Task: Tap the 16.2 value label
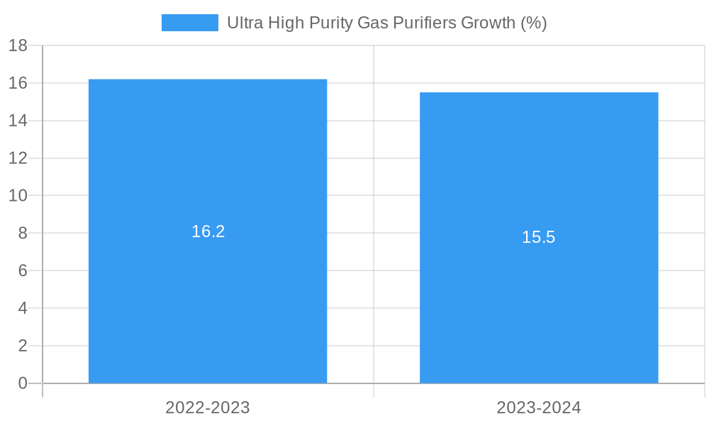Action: (x=208, y=231)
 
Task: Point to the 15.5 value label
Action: (x=539, y=237)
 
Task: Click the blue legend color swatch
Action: (x=189, y=23)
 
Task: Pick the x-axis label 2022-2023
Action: (x=208, y=408)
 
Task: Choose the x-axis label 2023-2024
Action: (x=539, y=408)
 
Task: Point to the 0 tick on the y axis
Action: (x=23, y=383)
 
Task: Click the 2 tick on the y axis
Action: (x=23, y=346)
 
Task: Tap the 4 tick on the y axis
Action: (x=23, y=308)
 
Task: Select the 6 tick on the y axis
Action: (x=23, y=271)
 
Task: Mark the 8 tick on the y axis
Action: (x=23, y=233)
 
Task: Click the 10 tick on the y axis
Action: (x=18, y=195)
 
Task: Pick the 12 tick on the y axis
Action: (x=18, y=158)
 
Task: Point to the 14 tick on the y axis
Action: (x=18, y=121)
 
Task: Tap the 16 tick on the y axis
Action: (x=18, y=83)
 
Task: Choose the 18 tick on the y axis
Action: (x=18, y=45)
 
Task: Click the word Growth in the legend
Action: (x=489, y=23)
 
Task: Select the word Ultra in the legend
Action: (x=243, y=23)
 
